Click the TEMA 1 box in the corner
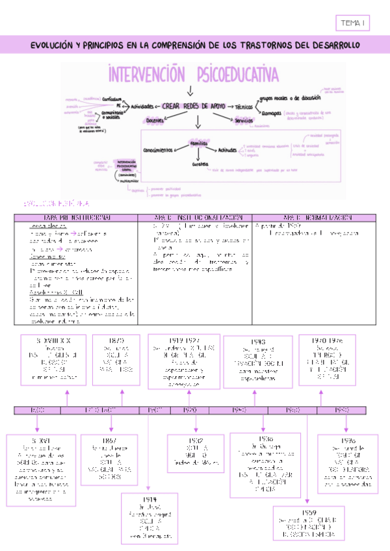[353, 23]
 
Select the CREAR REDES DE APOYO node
[194, 105]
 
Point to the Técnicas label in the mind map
[244, 107]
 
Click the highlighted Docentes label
[155, 120]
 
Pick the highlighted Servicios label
[244, 120]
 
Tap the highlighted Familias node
[198, 142]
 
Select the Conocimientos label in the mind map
[157, 150]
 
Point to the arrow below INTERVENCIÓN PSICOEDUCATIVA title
[189, 90]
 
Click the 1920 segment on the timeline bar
[190, 411]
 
